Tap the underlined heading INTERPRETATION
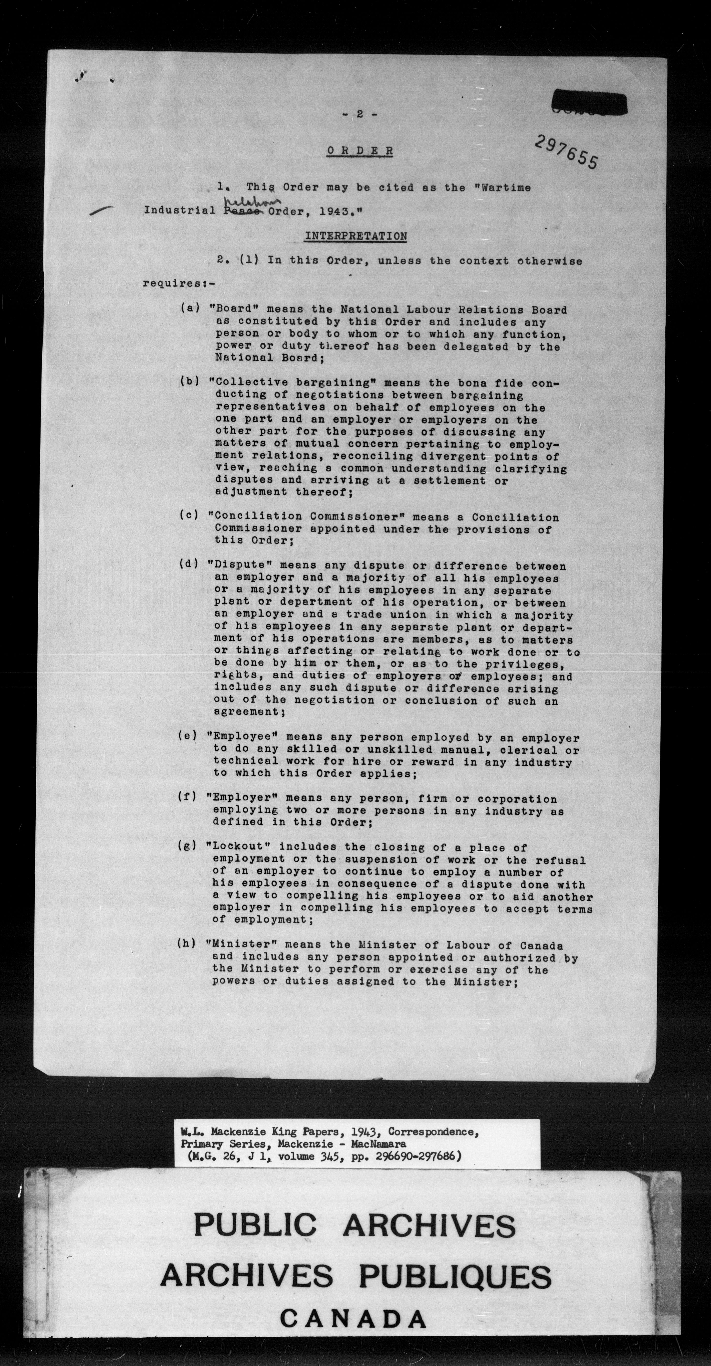pyautogui.click(x=355, y=236)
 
